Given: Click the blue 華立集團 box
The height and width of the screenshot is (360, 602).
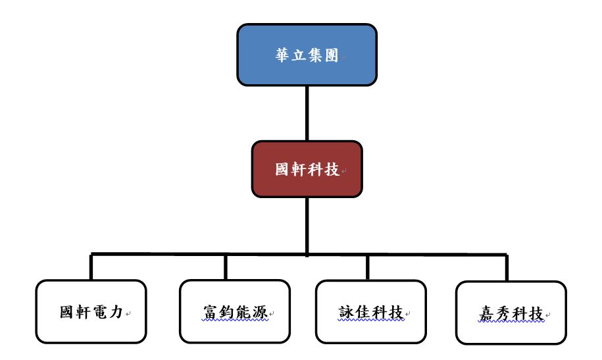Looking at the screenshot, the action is tap(307, 55).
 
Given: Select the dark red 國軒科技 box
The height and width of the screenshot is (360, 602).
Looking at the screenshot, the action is tap(307, 169).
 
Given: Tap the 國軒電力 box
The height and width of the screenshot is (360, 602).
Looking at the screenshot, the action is tap(91, 311).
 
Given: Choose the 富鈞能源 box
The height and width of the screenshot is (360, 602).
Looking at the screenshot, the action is tap(235, 311).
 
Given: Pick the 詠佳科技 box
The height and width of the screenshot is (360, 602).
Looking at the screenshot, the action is tap(371, 312).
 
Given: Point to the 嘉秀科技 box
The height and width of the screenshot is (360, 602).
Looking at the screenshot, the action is tap(511, 313).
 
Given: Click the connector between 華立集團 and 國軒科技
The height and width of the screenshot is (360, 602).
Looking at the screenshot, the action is tap(307, 113).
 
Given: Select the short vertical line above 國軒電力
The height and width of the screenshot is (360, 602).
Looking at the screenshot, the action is tap(91, 267).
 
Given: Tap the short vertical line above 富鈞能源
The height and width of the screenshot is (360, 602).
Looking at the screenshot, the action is tap(226, 267).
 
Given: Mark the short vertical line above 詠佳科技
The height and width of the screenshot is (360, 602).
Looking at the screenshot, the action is tap(368, 267).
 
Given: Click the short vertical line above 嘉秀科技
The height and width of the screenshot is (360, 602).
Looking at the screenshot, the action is tap(507, 268).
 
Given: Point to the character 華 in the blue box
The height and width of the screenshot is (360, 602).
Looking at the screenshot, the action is tap(282, 55).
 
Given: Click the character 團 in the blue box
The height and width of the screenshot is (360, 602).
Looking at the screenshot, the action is tap(332, 55).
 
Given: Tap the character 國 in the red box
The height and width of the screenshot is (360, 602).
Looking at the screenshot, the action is tap(282, 169).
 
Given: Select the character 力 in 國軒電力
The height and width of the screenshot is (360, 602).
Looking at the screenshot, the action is tap(116, 311).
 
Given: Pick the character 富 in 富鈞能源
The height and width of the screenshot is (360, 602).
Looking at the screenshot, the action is tap(211, 312).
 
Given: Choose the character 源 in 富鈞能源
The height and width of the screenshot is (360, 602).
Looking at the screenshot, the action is tap(260, 312).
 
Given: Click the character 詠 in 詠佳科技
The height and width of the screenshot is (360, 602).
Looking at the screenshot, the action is tap(346, 312).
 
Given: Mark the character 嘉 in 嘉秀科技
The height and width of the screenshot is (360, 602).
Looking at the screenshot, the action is tap(486, 313).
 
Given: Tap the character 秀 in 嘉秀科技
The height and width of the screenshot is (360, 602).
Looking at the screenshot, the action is tap(503, 313).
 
